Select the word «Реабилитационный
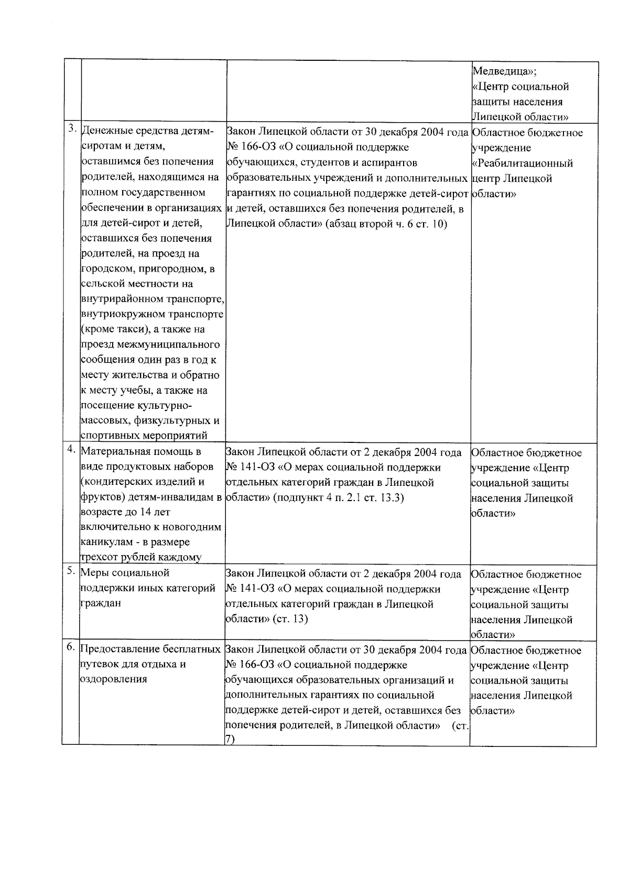[522, 163]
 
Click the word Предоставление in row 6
[116, 649]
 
